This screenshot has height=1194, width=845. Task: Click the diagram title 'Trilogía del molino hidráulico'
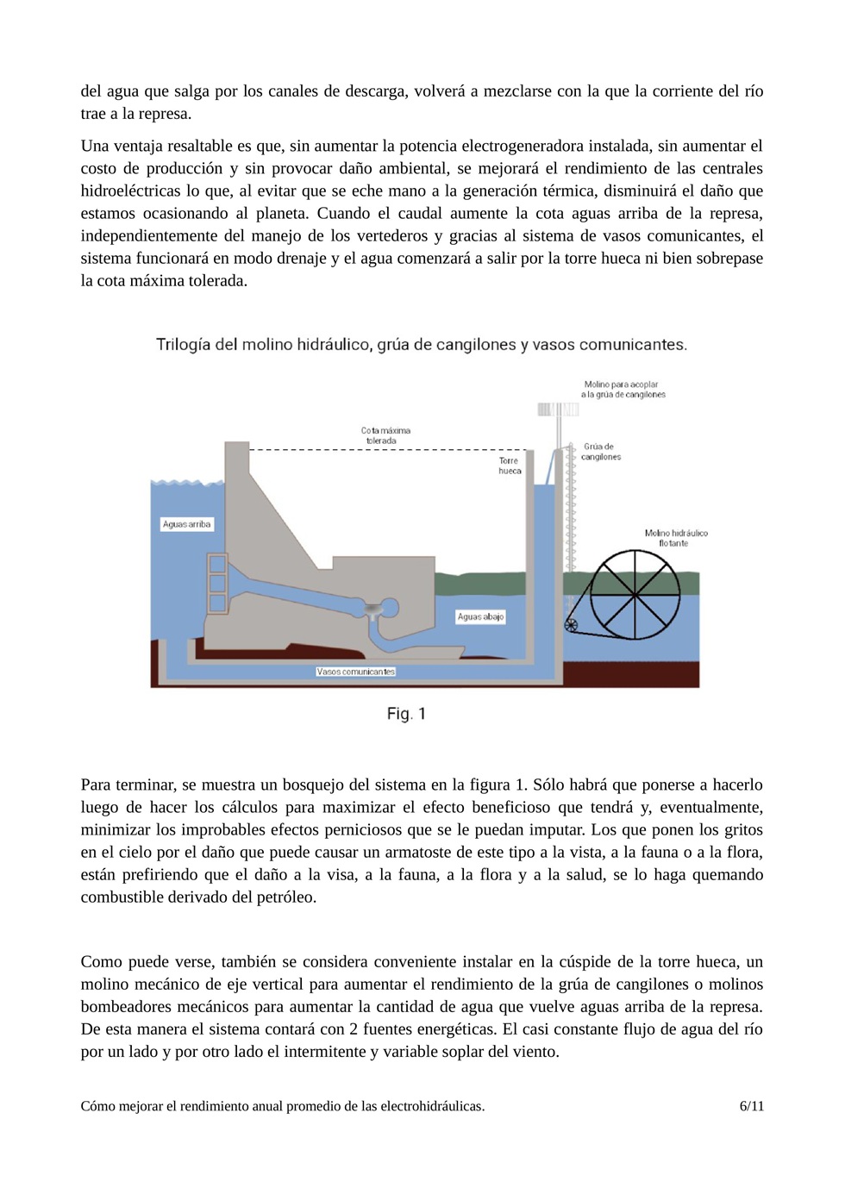(x=421, y=345)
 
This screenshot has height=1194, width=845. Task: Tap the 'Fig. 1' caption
(x=406, y=714)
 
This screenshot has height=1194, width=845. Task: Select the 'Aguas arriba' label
(x=186, y=524)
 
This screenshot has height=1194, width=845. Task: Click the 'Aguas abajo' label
(x=480, y=617)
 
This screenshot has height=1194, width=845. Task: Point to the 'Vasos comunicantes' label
(x=355, y=672)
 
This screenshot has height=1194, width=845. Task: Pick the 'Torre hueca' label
(x=510, y=466)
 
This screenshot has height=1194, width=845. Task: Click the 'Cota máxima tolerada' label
(x=385, y=435)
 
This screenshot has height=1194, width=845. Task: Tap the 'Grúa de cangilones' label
(x=600, y=452)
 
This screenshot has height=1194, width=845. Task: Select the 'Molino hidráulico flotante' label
(x=676, y=538)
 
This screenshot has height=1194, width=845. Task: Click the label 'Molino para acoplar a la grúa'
(x=623, y=390)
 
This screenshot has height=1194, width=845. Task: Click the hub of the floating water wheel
(x=635, y=594)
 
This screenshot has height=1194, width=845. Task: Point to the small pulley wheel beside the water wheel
(x=571, y=625)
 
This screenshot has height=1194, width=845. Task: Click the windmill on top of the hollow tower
(x=556, y=409)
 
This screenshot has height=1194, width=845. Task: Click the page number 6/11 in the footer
(x=751, y=1106)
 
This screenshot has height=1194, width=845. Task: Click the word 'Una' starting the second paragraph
(x=95, y=146)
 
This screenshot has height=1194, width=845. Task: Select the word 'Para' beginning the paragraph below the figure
(x=97, y=785)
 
